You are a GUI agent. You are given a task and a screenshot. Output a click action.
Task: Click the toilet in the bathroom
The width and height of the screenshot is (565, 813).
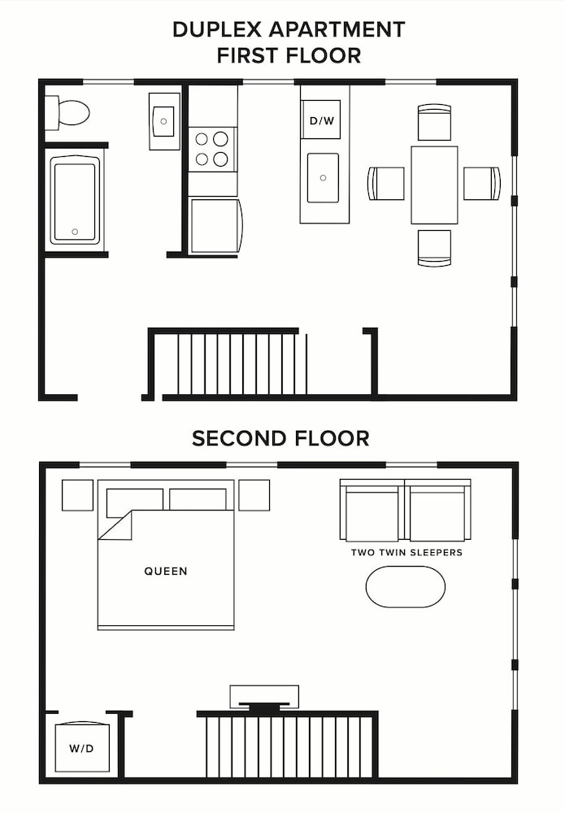click(67, 113)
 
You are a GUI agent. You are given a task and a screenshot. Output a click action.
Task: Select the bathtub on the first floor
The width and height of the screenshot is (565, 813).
click(75, 200)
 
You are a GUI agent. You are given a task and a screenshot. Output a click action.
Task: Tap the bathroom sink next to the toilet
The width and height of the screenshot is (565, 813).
click(164, 121)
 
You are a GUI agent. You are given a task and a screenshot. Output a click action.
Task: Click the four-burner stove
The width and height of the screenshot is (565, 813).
click(212, 149)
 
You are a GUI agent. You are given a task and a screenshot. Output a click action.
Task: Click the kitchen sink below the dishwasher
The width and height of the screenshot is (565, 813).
click(324, 177)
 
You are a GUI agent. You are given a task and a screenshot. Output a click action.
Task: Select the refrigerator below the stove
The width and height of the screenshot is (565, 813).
click(215, 225)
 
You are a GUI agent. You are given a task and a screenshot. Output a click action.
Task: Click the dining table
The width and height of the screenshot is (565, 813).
click(434, 185)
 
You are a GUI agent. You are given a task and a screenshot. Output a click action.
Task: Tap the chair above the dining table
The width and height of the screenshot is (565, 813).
click(434, 122)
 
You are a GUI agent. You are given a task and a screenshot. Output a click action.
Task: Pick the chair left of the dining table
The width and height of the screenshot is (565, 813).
click(386, 183)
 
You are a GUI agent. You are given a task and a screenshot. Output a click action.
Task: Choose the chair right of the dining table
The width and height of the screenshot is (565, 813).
click(481, 183)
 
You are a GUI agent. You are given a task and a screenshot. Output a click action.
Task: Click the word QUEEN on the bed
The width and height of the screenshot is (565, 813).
click(166, 572)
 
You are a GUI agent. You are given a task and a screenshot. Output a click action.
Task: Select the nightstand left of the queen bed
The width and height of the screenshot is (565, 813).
click(77, 495)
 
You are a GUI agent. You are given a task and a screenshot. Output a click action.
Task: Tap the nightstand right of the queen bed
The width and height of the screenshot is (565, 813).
click(254, 495)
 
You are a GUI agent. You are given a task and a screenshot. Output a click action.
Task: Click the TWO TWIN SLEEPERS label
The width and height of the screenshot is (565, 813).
click(406, 553)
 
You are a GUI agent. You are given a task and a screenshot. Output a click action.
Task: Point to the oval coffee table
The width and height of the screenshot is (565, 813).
click(406, 586)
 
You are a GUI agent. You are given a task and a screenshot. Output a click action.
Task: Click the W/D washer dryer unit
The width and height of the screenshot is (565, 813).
click(81, 747)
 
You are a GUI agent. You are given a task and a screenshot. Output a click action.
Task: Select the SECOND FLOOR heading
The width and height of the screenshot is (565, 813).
click(280, 439)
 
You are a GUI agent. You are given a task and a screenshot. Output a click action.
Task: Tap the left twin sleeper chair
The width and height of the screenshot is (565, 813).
click(372, 511)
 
